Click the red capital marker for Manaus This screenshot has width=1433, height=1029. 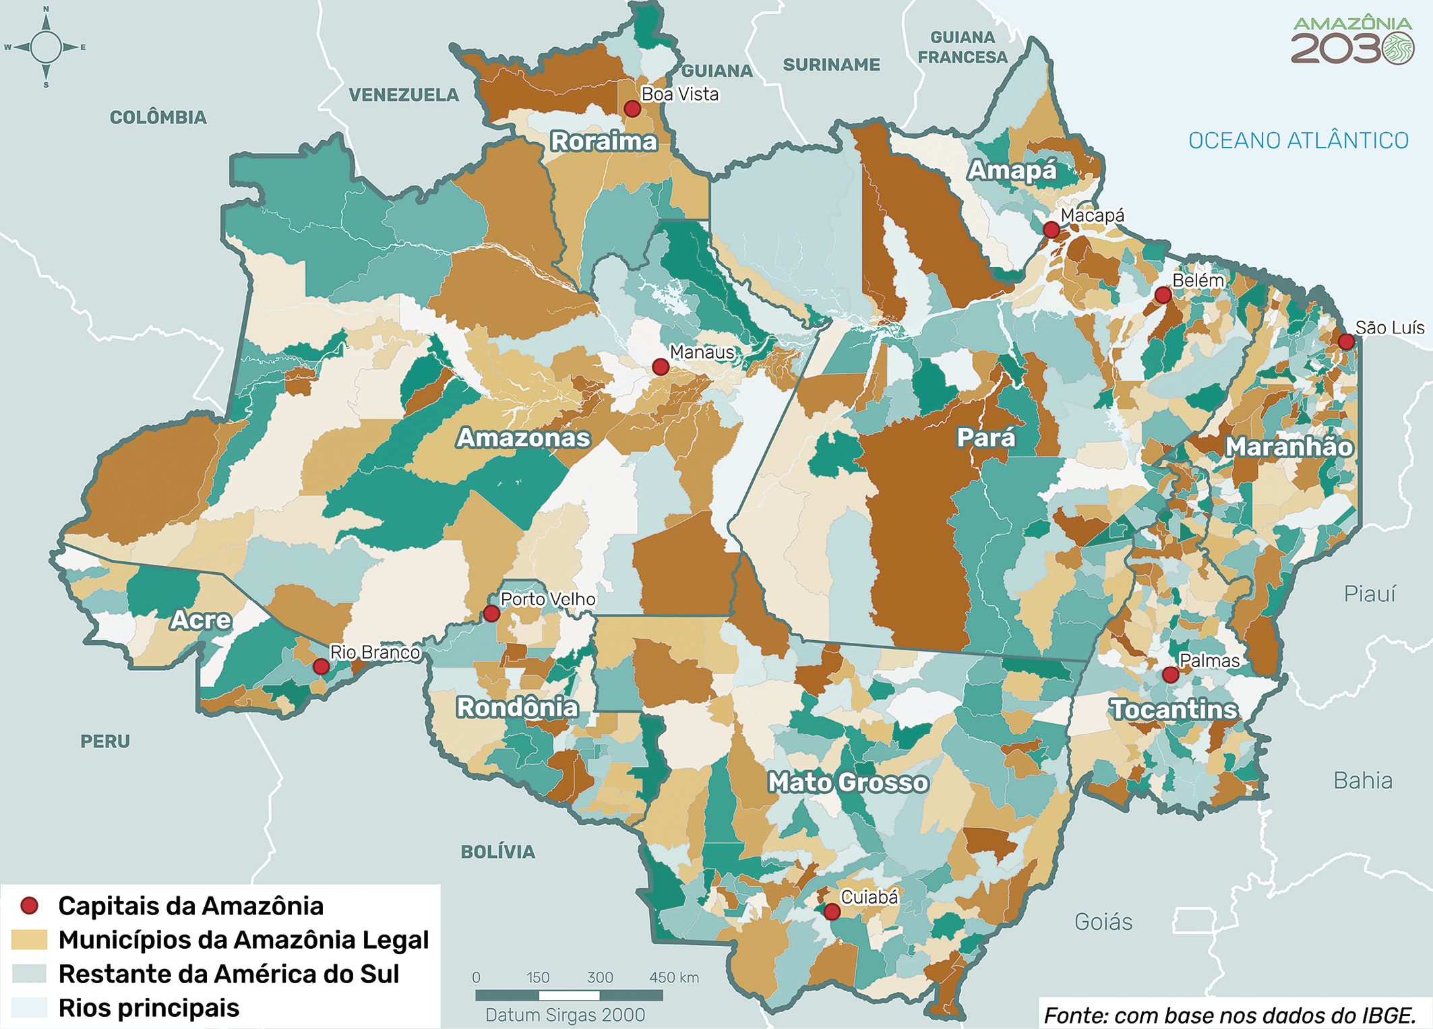(661, 367)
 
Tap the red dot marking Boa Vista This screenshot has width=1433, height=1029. (632, 108)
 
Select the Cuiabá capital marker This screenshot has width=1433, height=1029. (832, 912)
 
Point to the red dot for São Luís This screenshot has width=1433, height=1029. (1346, 342)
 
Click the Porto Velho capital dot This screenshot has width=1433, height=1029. (491, 613)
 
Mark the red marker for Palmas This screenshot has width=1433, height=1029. (1170, 675)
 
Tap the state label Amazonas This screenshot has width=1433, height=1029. (524, 438)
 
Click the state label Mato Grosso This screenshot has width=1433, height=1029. (848, 782)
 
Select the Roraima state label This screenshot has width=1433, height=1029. (603, 142)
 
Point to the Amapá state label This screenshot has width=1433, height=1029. (1012, 170)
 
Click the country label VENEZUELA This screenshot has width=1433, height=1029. (403, 95)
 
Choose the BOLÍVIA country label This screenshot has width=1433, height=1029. (497, 852)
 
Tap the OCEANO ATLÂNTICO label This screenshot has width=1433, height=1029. (1298, 140)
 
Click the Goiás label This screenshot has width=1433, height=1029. (1103, 921)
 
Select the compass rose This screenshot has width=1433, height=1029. (46, 47)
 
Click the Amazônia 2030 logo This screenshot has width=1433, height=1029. (1351, 40)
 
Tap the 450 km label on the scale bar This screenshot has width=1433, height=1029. (673, 977)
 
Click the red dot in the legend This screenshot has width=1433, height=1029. (30, 906)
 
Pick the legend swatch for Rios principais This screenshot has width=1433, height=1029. (30, 1008)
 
